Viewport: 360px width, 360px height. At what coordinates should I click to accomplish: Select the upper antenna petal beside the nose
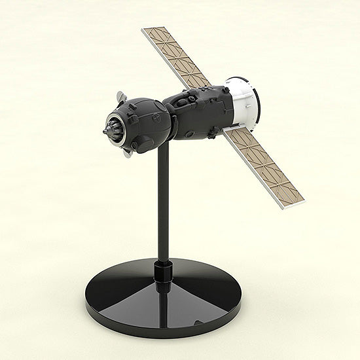(120, 98)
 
